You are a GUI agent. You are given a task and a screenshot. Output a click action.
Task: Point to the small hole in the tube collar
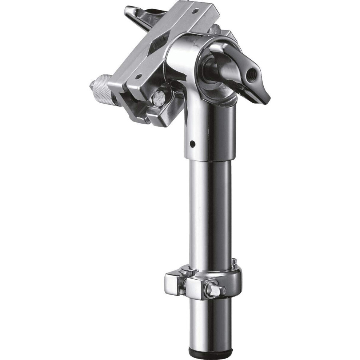click(x=193, y=143)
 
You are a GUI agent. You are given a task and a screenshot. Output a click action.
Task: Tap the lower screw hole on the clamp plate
click(x=139, y=76)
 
